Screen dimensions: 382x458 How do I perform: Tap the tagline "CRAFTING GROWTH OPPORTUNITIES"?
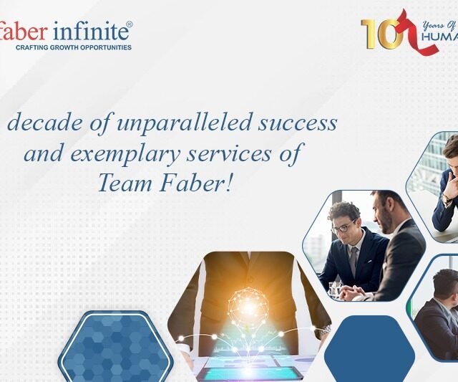click(73, 48)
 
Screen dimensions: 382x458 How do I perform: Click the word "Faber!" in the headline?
click(194, 183)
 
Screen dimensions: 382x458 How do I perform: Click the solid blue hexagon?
click(369, 350)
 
